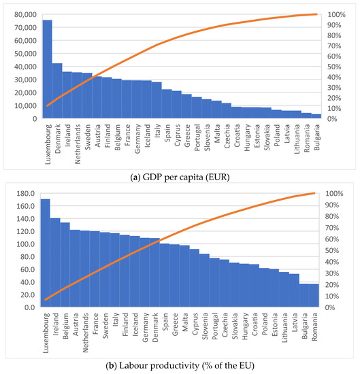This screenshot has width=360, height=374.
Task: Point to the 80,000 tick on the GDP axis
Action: [25, 14]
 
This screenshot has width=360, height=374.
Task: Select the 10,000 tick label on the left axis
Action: [25, 105]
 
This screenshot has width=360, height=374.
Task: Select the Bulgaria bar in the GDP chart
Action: [316, 116]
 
